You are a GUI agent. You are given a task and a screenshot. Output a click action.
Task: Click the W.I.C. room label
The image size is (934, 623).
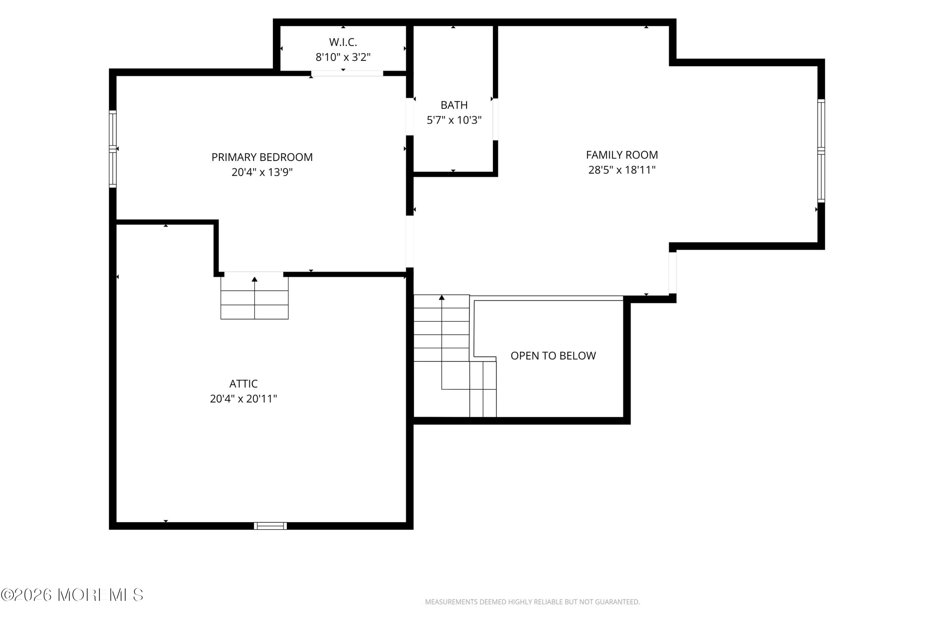(343, 42)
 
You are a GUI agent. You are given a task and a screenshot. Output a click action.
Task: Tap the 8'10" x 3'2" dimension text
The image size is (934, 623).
(343, 57)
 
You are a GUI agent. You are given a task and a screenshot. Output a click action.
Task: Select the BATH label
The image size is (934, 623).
(454, 105)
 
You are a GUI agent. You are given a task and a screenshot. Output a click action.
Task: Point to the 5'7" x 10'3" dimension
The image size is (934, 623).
(454, 120)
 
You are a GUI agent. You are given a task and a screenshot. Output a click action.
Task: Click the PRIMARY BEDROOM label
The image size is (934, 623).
(262, 157)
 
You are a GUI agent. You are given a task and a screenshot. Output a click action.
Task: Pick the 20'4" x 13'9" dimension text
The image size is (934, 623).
(262, 172)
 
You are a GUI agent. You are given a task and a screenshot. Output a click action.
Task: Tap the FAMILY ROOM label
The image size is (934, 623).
(621, 155)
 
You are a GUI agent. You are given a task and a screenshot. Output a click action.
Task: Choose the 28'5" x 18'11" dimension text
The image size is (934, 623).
(621, 170)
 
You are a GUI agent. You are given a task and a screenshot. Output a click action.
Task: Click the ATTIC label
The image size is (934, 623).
(243, 384)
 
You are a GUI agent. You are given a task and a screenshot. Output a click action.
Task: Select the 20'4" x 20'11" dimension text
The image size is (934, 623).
(243, 399)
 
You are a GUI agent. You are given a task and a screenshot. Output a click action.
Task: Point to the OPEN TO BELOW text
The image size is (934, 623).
(553, 356)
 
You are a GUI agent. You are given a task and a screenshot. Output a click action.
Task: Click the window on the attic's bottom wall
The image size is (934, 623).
(270, 526)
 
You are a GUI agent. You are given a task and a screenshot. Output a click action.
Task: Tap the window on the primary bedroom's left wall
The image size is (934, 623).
(113, 149)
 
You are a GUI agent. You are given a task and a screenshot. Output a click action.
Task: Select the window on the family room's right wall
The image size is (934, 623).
(821, 151)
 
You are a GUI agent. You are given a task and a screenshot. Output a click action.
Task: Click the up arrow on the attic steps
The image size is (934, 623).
(255, 297)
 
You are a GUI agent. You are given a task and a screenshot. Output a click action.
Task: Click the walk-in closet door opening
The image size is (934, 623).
(347, 73)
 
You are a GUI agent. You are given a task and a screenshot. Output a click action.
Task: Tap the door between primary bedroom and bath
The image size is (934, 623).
(410, 116)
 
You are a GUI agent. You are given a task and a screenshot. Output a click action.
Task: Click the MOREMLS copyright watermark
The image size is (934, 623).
(72, 595)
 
